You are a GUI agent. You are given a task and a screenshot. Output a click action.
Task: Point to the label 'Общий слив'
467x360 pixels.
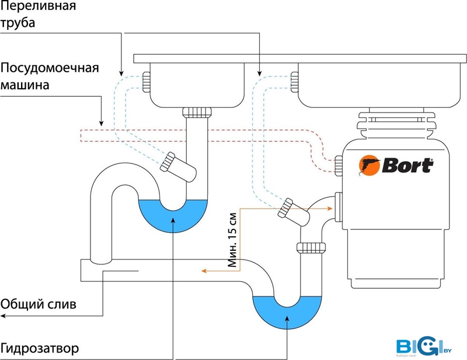[38, 304]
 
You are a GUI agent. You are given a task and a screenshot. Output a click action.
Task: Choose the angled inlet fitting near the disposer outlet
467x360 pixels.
[291, 210]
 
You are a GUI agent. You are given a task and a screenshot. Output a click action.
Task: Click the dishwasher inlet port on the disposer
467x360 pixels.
[338, 166]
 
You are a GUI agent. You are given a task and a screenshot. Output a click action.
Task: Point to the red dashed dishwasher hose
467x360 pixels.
[193, 135]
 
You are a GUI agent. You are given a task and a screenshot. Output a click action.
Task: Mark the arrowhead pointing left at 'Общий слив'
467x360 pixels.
[3, 316]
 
